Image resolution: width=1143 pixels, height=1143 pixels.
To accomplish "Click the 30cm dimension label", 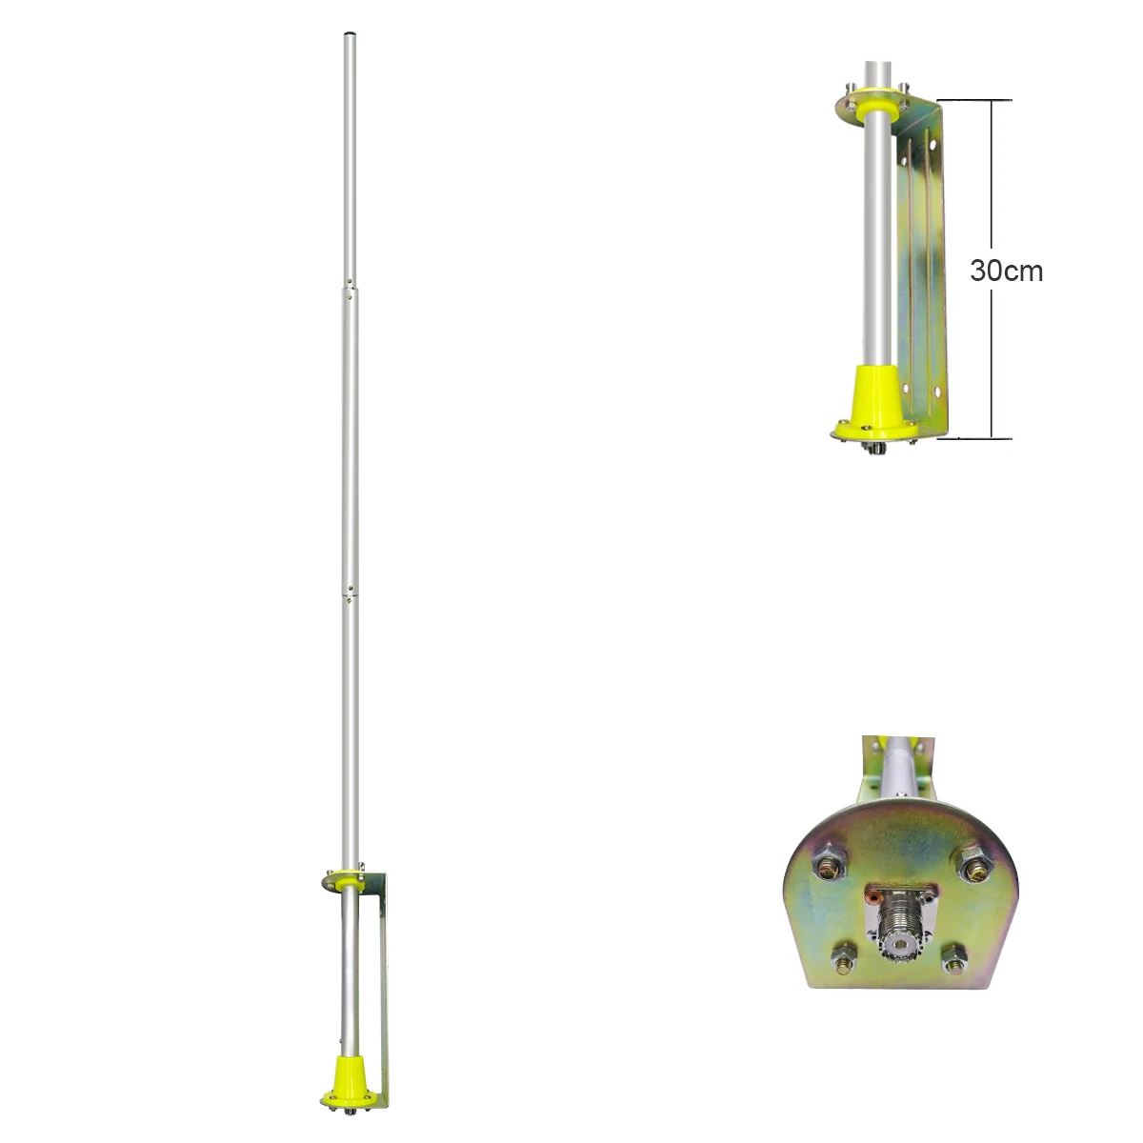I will pos(1006,271).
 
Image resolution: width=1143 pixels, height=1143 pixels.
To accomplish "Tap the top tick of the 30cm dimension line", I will pos(993,100).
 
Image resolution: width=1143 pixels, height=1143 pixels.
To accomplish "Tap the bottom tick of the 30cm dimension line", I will pos(993,439).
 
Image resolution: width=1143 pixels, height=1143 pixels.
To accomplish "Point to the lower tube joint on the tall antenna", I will pos(350,597).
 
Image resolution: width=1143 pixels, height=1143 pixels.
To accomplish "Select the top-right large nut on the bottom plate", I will pos(976,868).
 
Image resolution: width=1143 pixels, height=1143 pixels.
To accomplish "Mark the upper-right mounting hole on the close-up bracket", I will pos(933,145).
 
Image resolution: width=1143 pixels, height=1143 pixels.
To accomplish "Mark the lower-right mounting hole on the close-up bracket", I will pos(937,391).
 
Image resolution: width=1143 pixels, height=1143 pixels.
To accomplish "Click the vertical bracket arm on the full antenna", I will pos(383,991).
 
